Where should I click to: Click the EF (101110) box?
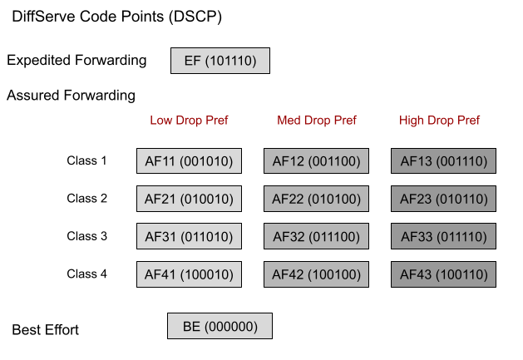tap(220, 61)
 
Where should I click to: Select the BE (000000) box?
tap(220, 326)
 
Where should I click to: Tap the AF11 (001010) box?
tap(189, 161)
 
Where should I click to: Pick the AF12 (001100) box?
tap(316, 161)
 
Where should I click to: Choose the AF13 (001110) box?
tap(443, 161)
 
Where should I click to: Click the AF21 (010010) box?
tap(189, 199)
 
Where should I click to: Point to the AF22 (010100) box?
tap(316, 199)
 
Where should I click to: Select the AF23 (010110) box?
tap(443, 199)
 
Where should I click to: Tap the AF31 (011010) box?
tap(189, 237)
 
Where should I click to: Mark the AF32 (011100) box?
tap(316, 237)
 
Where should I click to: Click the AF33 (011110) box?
tap(443, 237)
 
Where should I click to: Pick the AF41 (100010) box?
tap(189, 274)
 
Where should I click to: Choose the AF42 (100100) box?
tap(316, 274)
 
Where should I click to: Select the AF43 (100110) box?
tap(443, 274)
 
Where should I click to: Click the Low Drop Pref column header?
tap(189, 121)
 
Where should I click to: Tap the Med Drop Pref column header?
tap(316, 121)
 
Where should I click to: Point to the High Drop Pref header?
tap(439, 121)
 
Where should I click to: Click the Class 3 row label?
tap(87, 236)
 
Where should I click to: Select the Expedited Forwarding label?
tap(76, 61)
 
